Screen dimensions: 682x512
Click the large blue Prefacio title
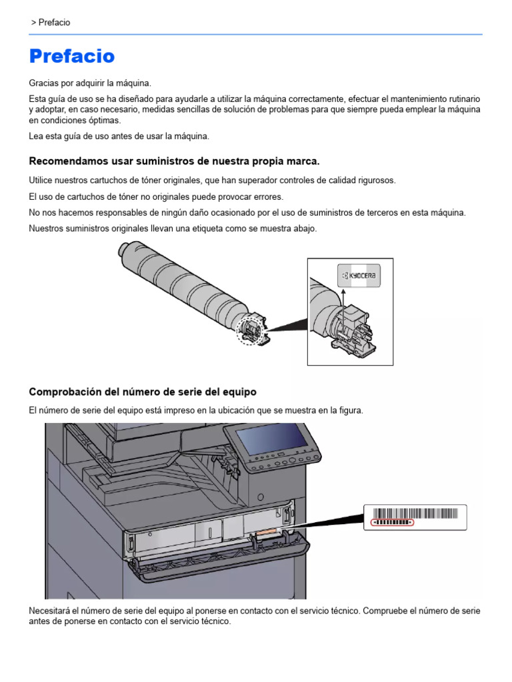(72, 57)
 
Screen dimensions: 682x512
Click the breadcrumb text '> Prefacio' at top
(51, 23)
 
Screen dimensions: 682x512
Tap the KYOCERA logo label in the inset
(360, 275)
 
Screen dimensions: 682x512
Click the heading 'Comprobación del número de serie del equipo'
(143, 392)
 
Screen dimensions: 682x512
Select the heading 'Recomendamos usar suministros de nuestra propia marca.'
(175, 161)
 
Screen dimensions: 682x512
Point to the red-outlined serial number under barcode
(393, 523)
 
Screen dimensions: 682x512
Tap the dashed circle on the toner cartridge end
(249, 330)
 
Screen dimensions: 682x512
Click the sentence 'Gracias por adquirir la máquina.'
(90, 83)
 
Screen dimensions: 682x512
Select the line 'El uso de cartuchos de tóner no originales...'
(156, 197)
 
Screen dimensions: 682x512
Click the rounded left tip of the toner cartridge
(123, 251)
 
